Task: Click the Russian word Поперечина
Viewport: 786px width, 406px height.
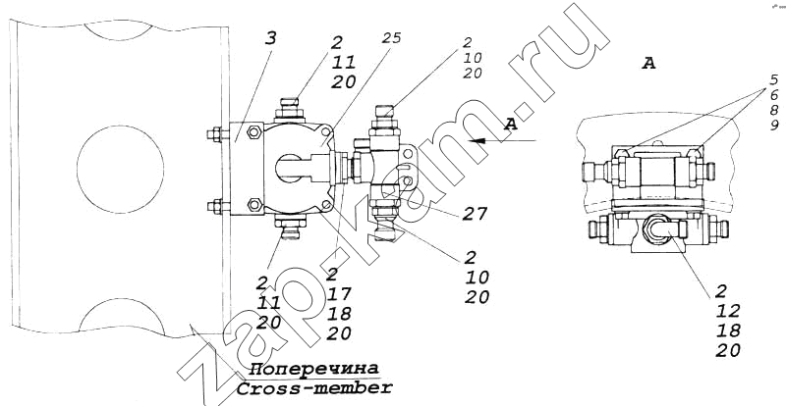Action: coord(313,369)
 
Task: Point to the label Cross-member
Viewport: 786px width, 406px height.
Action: coord(313,387)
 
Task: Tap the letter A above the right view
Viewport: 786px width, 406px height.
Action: coord(647,63)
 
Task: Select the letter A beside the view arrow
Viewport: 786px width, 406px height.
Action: coord(508,125)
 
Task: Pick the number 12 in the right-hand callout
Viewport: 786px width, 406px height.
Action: coord(728,311)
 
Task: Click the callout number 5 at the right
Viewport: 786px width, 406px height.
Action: coord(773,78)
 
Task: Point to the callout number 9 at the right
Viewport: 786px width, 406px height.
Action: coord(773,126)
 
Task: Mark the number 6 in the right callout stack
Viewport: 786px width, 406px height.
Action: coord(773,94)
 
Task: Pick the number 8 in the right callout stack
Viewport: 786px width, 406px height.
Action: coord(773,110)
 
